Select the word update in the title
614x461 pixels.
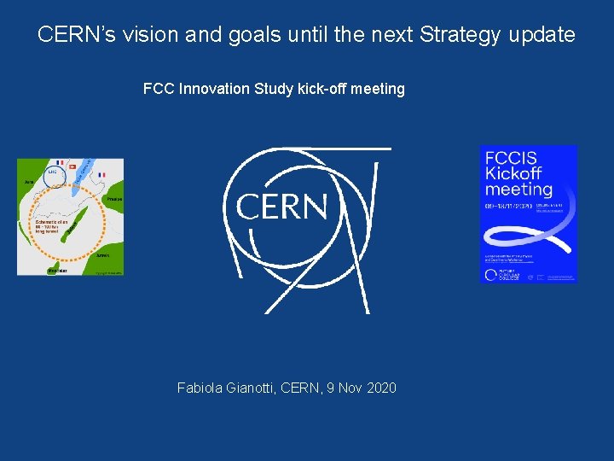coord(544,35)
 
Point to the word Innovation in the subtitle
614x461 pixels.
coord(214,89)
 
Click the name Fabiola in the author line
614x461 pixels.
coord(201,388)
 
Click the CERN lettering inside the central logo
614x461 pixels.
coord(281,206)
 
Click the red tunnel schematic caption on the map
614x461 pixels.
coord(49,225)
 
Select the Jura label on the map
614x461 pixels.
coord(28,182)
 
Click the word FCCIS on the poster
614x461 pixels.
coord(511,158)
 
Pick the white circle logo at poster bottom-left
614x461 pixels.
coord(490,274)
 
